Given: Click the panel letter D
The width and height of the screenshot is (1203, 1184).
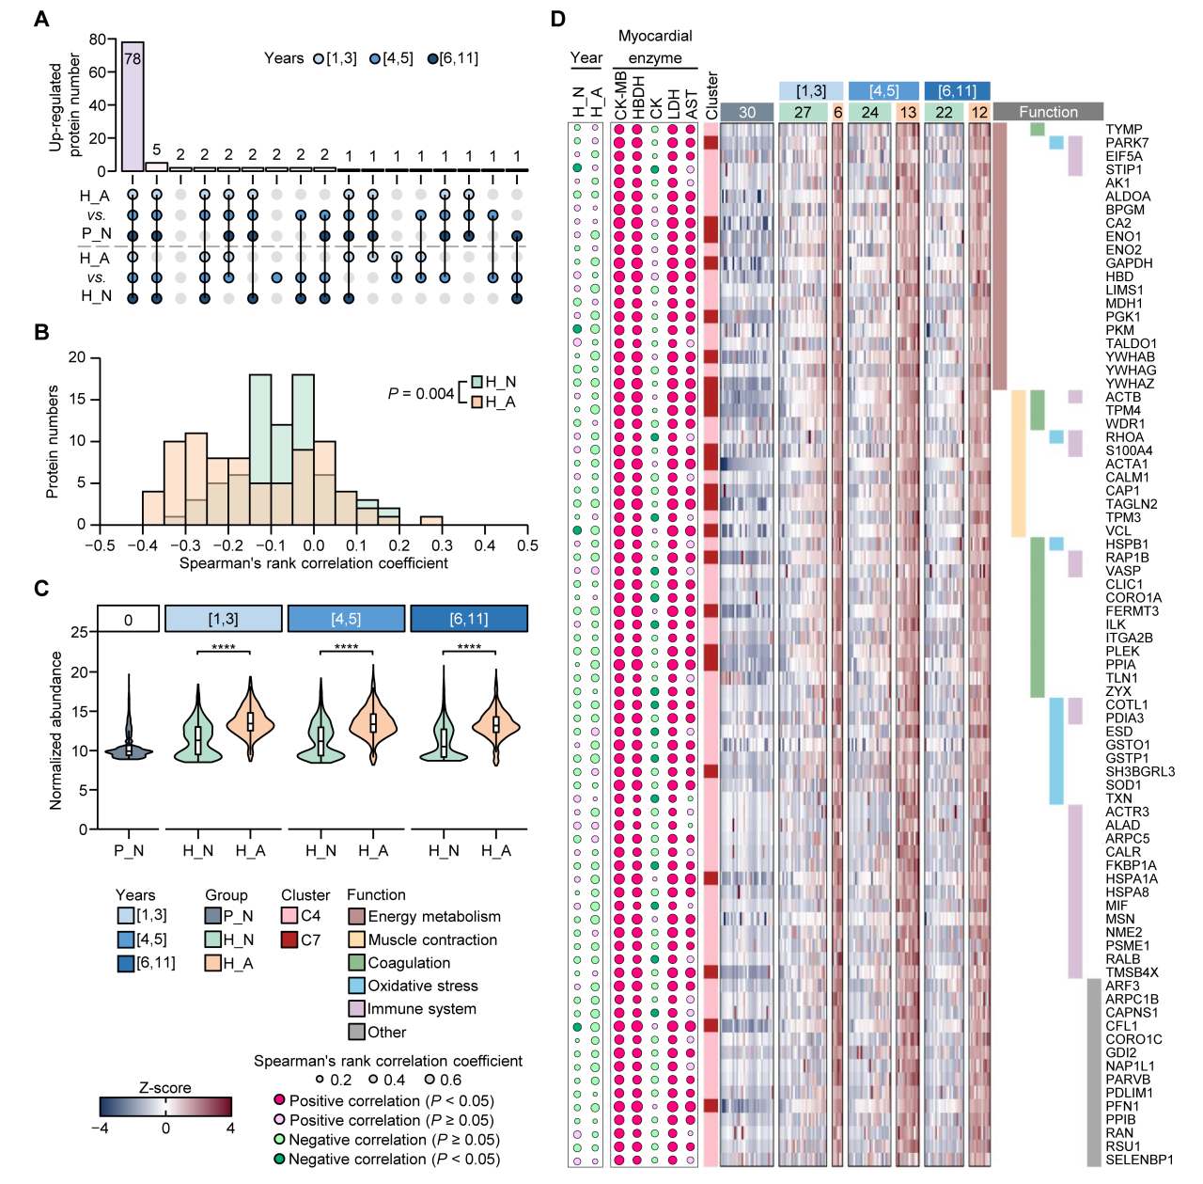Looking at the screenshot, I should (558, 19).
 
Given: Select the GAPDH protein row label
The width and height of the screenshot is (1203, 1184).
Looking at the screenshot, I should (1129, 263).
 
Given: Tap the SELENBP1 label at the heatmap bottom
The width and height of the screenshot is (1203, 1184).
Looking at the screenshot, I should (1139, 1160).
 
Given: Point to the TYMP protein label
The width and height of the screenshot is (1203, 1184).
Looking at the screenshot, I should (1124, 130).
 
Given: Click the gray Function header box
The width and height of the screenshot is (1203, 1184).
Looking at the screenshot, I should (1048, 112).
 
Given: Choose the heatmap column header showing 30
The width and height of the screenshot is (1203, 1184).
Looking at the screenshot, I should (746, 112).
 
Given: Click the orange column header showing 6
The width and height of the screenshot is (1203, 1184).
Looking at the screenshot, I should (837, 112).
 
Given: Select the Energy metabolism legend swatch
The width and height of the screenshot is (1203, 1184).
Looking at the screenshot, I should (356, 917).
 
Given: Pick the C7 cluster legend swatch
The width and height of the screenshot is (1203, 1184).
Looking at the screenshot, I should (289, 939).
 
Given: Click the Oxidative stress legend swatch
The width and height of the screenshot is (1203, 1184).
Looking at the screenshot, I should (356, 986).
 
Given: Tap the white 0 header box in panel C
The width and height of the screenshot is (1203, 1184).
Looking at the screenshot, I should (128, 619).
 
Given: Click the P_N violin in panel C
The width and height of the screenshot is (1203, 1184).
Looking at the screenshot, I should (129, 748).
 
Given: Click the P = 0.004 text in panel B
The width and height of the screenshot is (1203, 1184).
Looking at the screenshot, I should (421, 393).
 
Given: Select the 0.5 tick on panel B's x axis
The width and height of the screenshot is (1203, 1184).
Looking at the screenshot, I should (527, 545).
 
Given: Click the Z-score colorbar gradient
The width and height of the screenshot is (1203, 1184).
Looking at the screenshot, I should (165, 1106).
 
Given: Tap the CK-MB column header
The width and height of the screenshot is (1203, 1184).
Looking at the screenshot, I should (620, 98).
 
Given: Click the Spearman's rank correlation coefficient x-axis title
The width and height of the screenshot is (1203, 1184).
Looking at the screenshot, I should (313, 563).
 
